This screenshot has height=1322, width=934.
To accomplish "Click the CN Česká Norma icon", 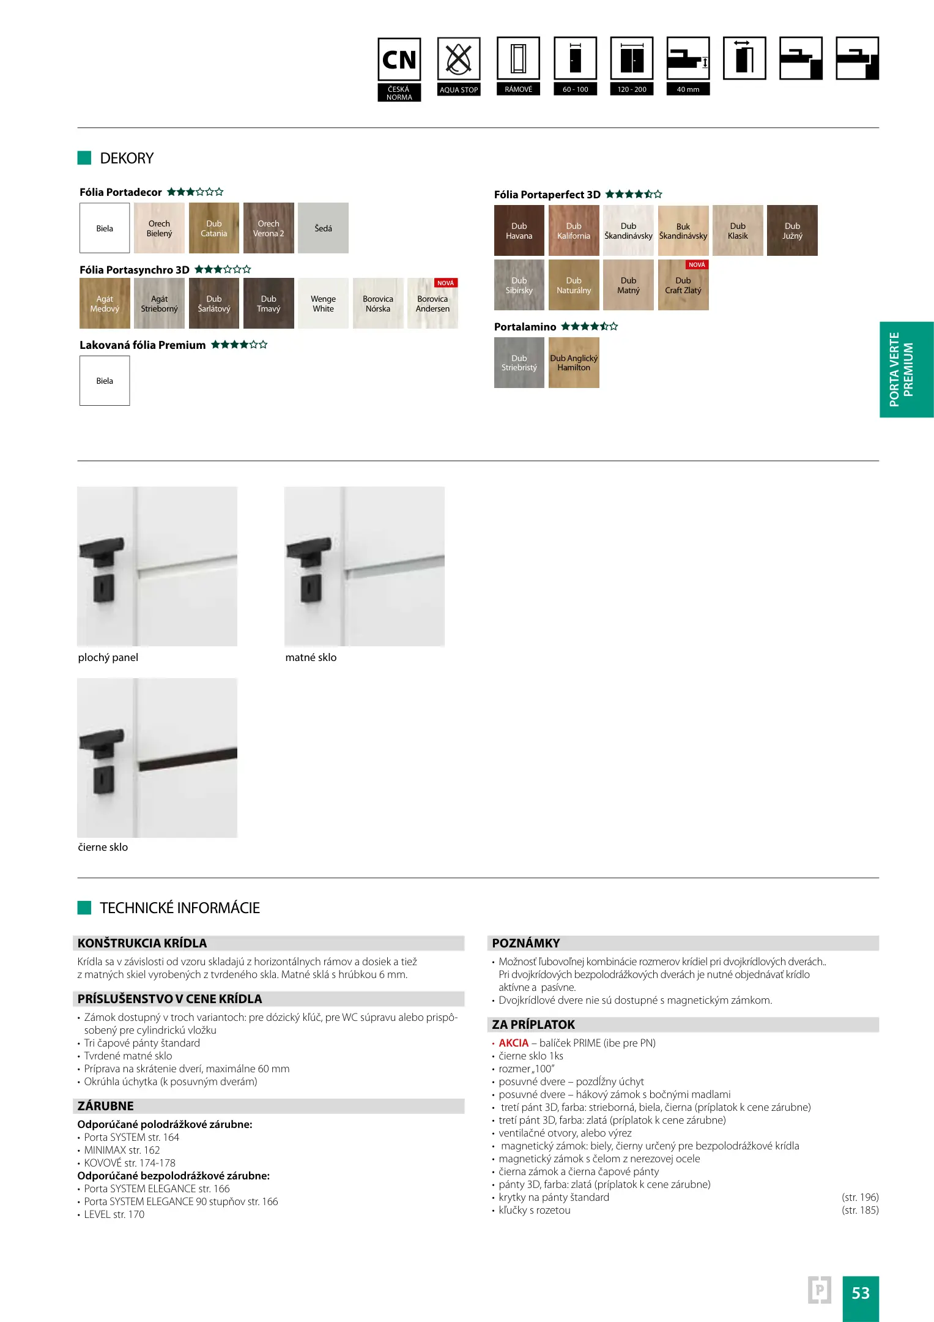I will [x=399, y=59].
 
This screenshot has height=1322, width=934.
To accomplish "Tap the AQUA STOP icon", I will [x=458, y=59].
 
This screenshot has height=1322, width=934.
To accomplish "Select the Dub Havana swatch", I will [x=519, y=231].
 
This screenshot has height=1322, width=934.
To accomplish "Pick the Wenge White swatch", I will [x=323, y=304].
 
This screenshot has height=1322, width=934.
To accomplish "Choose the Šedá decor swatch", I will [x=323, y=228].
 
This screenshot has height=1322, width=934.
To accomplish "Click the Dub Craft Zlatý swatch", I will [x=683, y=286].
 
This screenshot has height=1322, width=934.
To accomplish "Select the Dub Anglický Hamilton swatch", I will [x=574, y=363].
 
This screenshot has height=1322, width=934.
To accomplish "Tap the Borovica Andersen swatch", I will [x=432, y=304].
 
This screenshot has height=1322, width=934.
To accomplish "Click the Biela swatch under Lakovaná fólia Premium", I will [x=105, y=381].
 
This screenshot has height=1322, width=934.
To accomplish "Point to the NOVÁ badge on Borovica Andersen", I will [x=446, y=283].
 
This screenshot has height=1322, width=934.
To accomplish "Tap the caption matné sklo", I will [x=311, y=657].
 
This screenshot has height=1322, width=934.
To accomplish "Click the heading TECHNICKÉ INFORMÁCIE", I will [x=180, y=908].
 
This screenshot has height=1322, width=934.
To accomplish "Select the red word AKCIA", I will [x=513, y=1043].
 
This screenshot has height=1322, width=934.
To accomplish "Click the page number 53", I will [x=860, y=1293].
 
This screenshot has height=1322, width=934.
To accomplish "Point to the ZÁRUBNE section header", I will [x=106, y=1106].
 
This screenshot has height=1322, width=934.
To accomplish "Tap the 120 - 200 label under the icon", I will [x=632, y=89].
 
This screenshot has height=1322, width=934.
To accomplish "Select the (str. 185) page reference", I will [x=860, y=1210].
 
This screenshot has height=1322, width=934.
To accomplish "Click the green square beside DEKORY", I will [x=84, y=158].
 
